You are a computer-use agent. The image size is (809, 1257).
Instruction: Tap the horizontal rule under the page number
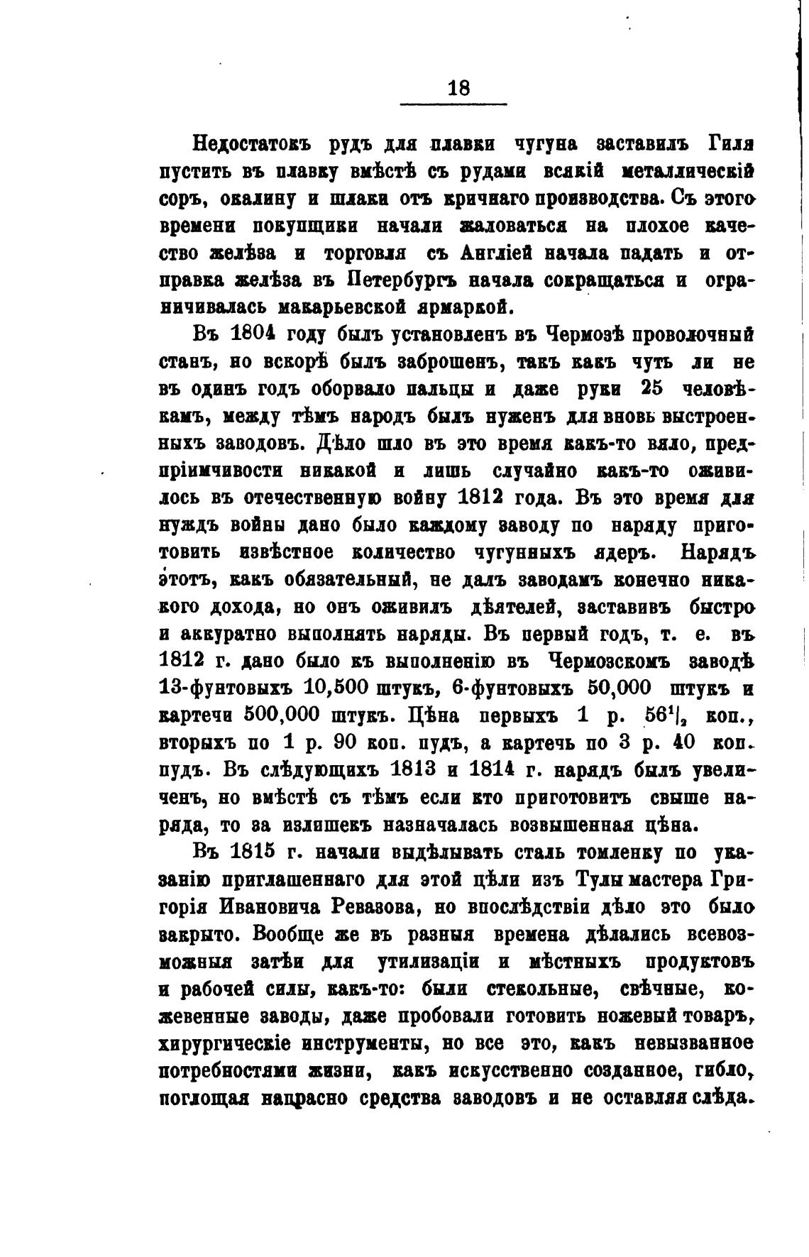[x=453, y=105]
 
